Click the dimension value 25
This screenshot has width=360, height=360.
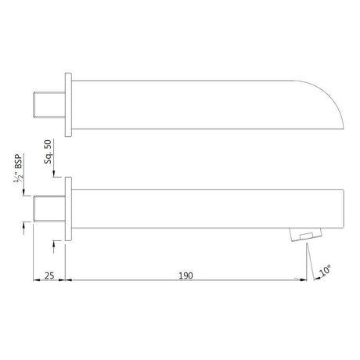[48, 275]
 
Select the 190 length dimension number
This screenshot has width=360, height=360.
[185, 275]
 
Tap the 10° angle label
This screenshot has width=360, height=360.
[324, 271]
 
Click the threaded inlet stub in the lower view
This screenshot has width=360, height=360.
[51, 207]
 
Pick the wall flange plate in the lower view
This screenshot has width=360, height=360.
[68, 207]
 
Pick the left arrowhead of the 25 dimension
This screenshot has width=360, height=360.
[34, 281]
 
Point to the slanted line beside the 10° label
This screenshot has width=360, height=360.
[311, 258]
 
